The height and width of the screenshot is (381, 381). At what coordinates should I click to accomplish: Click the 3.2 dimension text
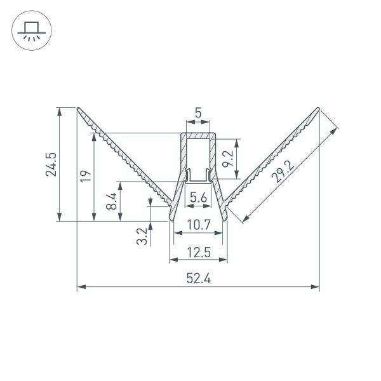click(142, 236)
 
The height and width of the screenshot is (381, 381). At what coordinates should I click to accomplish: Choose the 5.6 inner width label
click(198, 198)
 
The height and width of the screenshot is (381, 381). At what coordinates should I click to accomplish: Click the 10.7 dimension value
click(198, 224)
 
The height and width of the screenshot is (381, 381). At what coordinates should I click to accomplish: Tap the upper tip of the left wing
click(78, 108)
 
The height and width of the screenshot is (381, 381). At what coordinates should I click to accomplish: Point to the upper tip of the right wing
click(317, 108)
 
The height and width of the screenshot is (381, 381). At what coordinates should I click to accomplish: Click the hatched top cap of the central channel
click(198, 135)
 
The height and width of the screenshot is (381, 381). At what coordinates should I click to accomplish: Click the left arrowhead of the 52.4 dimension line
click(81, 287)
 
